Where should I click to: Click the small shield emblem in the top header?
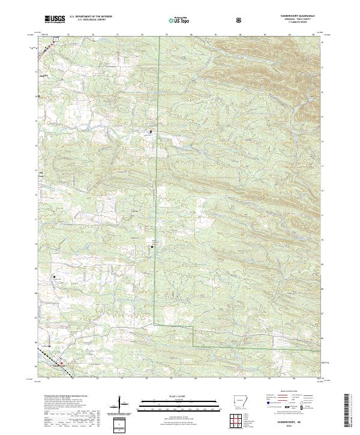(x=239, y=20)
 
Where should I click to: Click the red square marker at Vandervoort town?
(x=61, y=362)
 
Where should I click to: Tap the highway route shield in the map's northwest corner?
(x=55, y=40)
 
